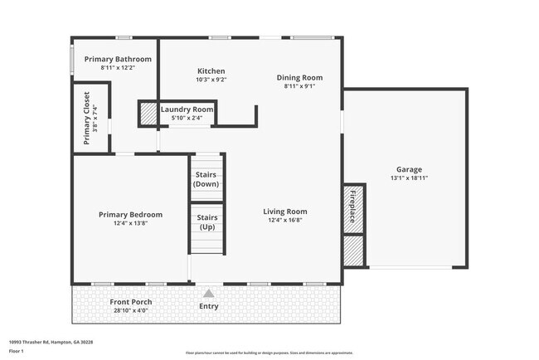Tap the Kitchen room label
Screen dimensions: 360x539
(211, 71)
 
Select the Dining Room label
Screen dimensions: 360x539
(299, 77)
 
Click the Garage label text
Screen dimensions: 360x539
(408, 168)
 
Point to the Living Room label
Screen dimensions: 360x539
(285, 211)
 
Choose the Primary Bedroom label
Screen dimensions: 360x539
(130, 214)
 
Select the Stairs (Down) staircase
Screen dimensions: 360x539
(206, 178)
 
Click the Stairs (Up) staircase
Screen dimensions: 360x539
(206, 221)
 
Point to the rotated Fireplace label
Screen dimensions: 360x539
(352, 206)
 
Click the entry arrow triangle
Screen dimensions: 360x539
(209, 293)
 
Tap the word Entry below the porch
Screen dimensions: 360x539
(209, 306)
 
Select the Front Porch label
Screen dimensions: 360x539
(130, 302)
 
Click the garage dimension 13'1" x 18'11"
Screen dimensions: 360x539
(409, 178)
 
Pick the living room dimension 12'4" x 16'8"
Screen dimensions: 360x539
(285, 220)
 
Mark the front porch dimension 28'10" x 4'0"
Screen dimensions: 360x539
(130, 311)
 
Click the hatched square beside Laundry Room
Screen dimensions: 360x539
(148, 114)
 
